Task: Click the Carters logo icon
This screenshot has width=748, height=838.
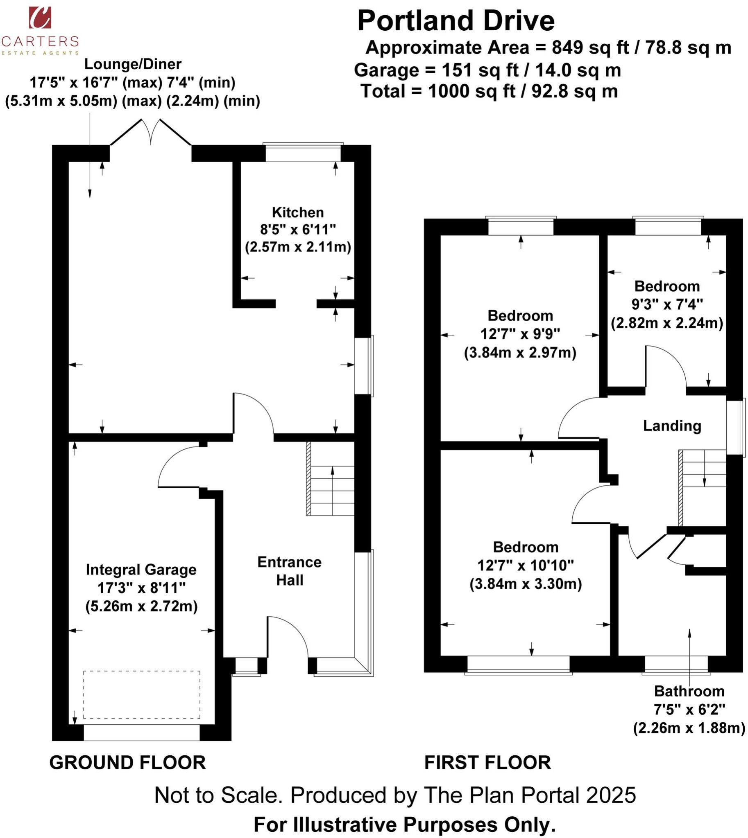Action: (x=40, y=18)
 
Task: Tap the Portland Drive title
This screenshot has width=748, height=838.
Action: (x=456, y=21)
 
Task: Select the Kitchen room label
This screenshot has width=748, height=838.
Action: (x=297, y=212)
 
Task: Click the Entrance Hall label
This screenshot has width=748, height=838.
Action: (x=289, y=571)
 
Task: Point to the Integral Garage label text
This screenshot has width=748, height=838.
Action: (x=141, y=570)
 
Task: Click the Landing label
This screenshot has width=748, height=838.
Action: (x=671, y=426)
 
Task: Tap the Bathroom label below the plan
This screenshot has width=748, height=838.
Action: (x=689, y=692)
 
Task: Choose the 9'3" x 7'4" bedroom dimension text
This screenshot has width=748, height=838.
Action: (x=666, y=304)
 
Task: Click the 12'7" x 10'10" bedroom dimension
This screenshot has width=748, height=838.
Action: (x=525, y=565)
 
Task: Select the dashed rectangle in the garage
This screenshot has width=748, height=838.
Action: (x=141, y=695)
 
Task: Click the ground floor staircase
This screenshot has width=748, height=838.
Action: (x=331, y=479)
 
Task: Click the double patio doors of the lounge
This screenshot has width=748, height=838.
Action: (x=151, y=132)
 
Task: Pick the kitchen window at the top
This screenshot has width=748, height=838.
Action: (x=303, y=153)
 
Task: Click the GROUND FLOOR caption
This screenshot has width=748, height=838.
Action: (x=127, y=762)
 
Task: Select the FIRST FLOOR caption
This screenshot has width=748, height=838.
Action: (x=487, y=762)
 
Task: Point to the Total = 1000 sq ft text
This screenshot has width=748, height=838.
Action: (x=489, y=91)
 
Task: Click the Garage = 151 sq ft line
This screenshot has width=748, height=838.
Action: (x=487, y=70)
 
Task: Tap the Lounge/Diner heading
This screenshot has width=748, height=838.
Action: (x=132, y=64)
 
